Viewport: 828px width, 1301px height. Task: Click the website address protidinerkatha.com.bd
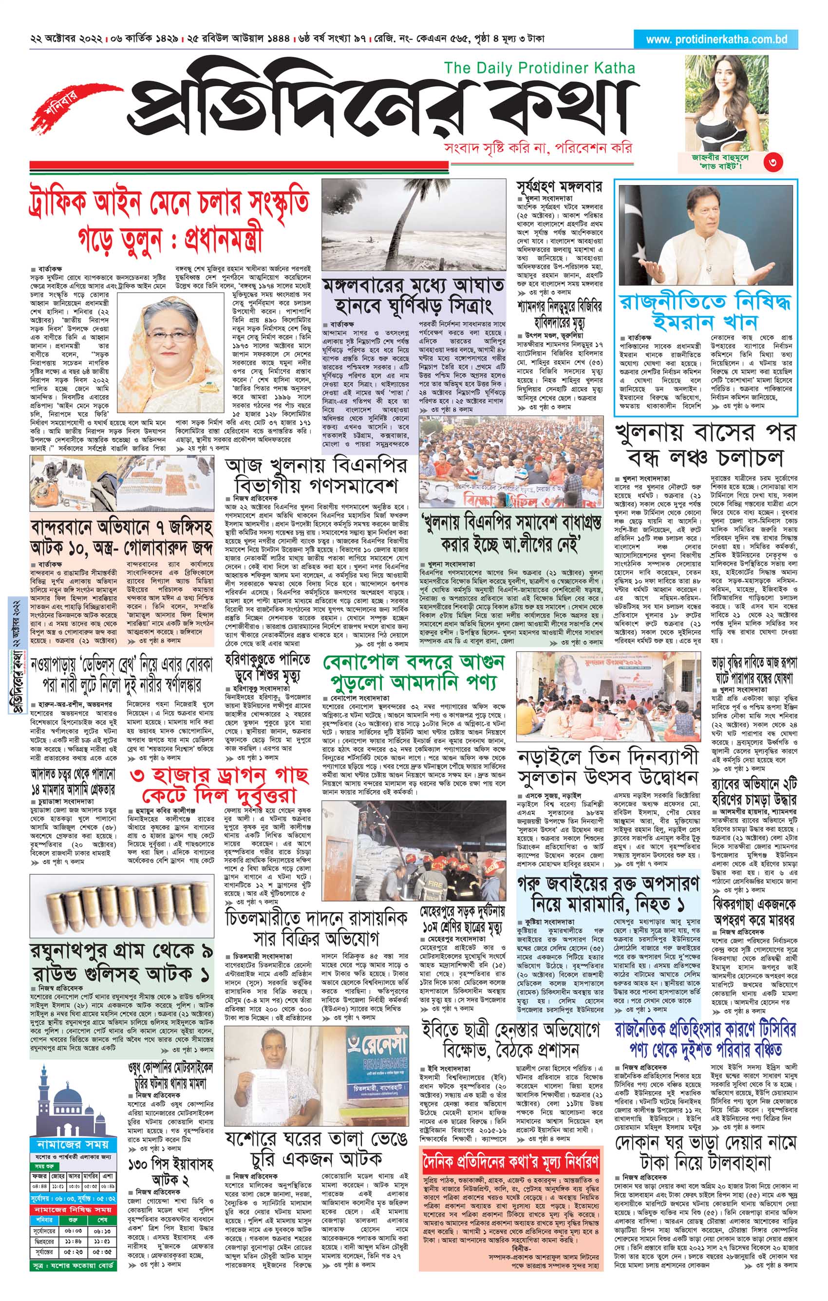[716, 39]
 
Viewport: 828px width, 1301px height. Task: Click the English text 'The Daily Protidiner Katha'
[539, 68]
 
